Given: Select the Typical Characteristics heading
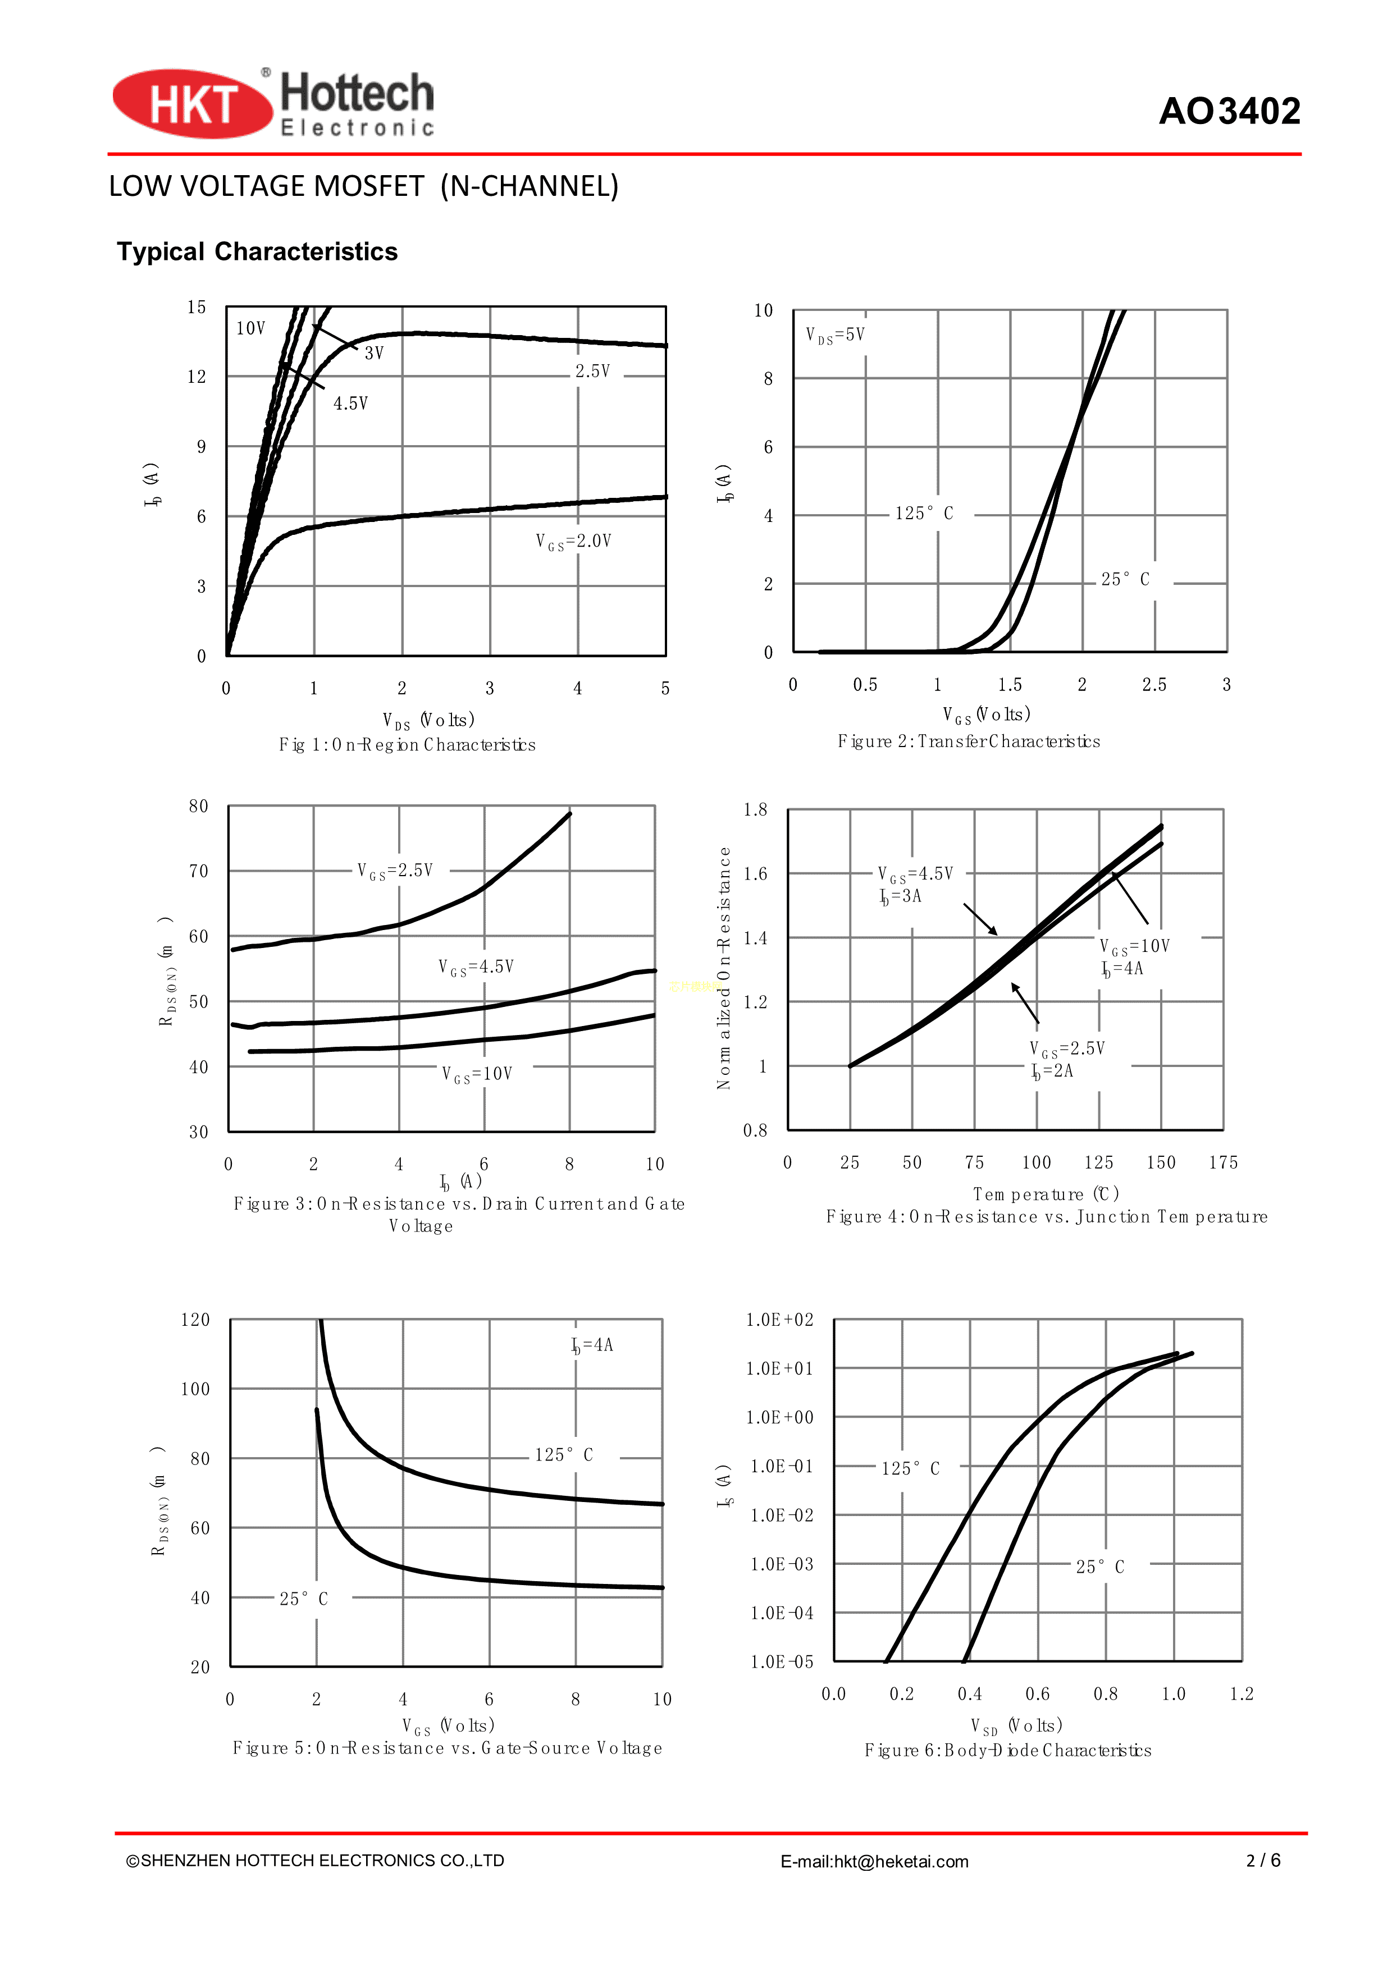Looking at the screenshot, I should (x=257, y=251).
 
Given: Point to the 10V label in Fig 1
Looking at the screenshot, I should (x=250, y=328).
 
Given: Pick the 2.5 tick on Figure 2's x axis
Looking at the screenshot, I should (x=1153, y=684).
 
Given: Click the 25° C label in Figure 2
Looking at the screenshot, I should (x=1125, y=580).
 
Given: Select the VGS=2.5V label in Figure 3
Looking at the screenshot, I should (x=395, y=871).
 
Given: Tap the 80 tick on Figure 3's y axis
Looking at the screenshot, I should (x=199, y=806).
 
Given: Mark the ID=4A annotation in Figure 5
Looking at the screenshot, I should (x=592, y=1345).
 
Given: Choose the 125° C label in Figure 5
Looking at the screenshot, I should (x=564, y=1455).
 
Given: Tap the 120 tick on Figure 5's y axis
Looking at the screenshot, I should (x=195, y=1320).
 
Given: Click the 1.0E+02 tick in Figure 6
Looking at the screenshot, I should (x=779, y=1320).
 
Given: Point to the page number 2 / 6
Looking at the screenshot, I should (x=1263, y=1860).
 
